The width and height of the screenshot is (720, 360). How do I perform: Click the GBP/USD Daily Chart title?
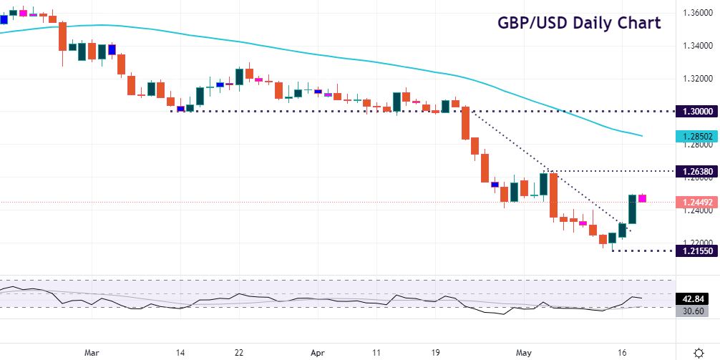(x=579, y=23)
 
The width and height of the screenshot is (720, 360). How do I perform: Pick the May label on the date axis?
(x=525, y=333)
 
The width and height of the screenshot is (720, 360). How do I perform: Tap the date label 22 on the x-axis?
(x=240, y=333)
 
